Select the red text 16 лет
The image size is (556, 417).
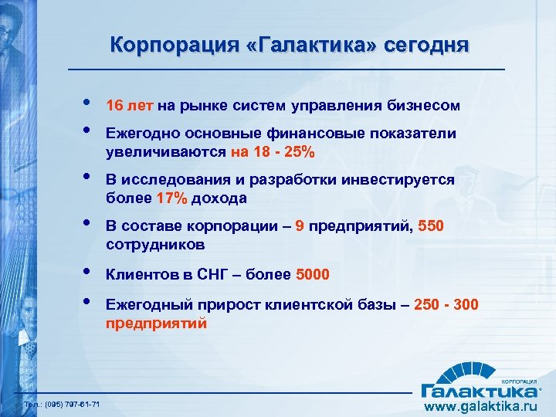pyautogui.click(x=132, y=105)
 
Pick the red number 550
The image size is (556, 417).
pyautogui.click(x=431, y=227)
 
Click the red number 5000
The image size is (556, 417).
pyautogui.click(x=312, y=274)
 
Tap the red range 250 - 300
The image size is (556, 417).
pyautogui.click(x=446, y=305)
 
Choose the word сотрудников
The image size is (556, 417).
pyautogui.click(x=155, y=245)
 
